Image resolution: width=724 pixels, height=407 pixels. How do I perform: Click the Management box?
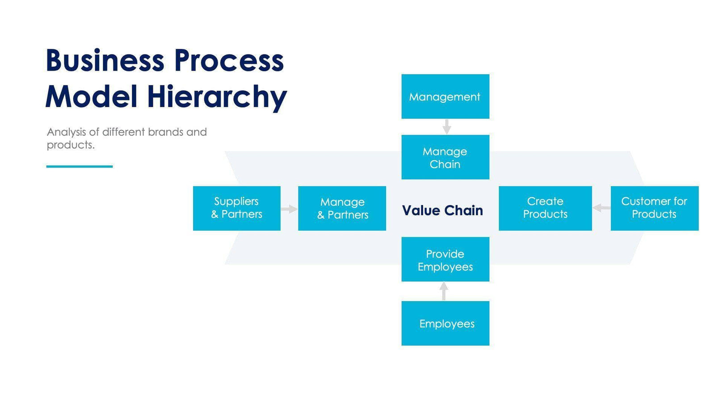[x=445, y=97]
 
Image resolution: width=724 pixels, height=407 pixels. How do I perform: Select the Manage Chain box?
[x=445, y=157]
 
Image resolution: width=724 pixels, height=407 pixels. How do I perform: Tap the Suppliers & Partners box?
[x=236, y=208]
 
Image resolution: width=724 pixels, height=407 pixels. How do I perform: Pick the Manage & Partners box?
[x=342, y=208]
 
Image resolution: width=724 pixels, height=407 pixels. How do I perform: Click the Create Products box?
[x=545, y=208]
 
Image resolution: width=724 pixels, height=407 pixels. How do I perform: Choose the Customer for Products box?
[x=654, y=208]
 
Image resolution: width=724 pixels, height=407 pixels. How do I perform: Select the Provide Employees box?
[x=445, y=260]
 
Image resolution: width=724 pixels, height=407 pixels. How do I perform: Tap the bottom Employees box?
[x=445, y=323]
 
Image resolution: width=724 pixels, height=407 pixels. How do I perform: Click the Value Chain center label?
[x=442, y=210]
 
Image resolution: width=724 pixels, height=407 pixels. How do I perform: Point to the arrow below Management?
[x=446, y=127]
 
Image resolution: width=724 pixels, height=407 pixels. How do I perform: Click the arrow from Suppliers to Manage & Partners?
[x=289, y=209]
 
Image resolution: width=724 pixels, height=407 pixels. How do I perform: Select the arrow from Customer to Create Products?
[x=601, y=208]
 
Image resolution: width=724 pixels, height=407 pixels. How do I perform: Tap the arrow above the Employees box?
[x=443, y=291]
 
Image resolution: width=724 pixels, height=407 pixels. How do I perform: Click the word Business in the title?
[x=105, y=61]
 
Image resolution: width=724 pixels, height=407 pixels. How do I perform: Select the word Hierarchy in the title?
[x=217, y=97]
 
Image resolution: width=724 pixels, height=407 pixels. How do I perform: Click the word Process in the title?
[x=229, y=61]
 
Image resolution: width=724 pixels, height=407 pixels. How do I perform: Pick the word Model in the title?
[x=91, y=97]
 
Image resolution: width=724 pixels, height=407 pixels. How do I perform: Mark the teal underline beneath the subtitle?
[x=80, y=167]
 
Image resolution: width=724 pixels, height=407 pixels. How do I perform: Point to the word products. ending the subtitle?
[x=71, y=145]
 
